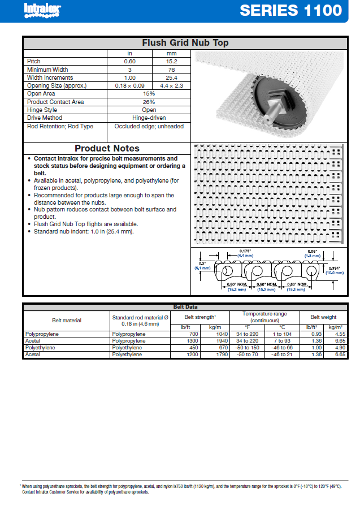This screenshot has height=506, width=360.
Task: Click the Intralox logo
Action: [x=42, y=10]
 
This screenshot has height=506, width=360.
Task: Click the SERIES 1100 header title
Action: [x=290, y=10]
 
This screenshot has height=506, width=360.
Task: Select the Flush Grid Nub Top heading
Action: [x=185, y=43]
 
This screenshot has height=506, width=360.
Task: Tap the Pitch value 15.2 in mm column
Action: [x=172, y=61]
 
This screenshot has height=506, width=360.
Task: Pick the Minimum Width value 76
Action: [x=172, y=70]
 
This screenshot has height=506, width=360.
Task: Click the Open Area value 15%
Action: [x=149, y=94]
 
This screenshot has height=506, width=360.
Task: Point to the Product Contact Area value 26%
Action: [x=149, y=102]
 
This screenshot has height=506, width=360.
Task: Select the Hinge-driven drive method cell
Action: [x=149, y=118]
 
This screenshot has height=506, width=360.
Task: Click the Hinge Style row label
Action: [x=42, y=110]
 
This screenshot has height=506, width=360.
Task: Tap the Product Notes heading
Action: [x=107, y=149]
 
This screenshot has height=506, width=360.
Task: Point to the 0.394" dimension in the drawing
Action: [x=336, y=267]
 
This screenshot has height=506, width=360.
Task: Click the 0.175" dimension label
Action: [x=245, y=250]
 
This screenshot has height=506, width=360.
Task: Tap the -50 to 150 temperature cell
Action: [x=247, y=348]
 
